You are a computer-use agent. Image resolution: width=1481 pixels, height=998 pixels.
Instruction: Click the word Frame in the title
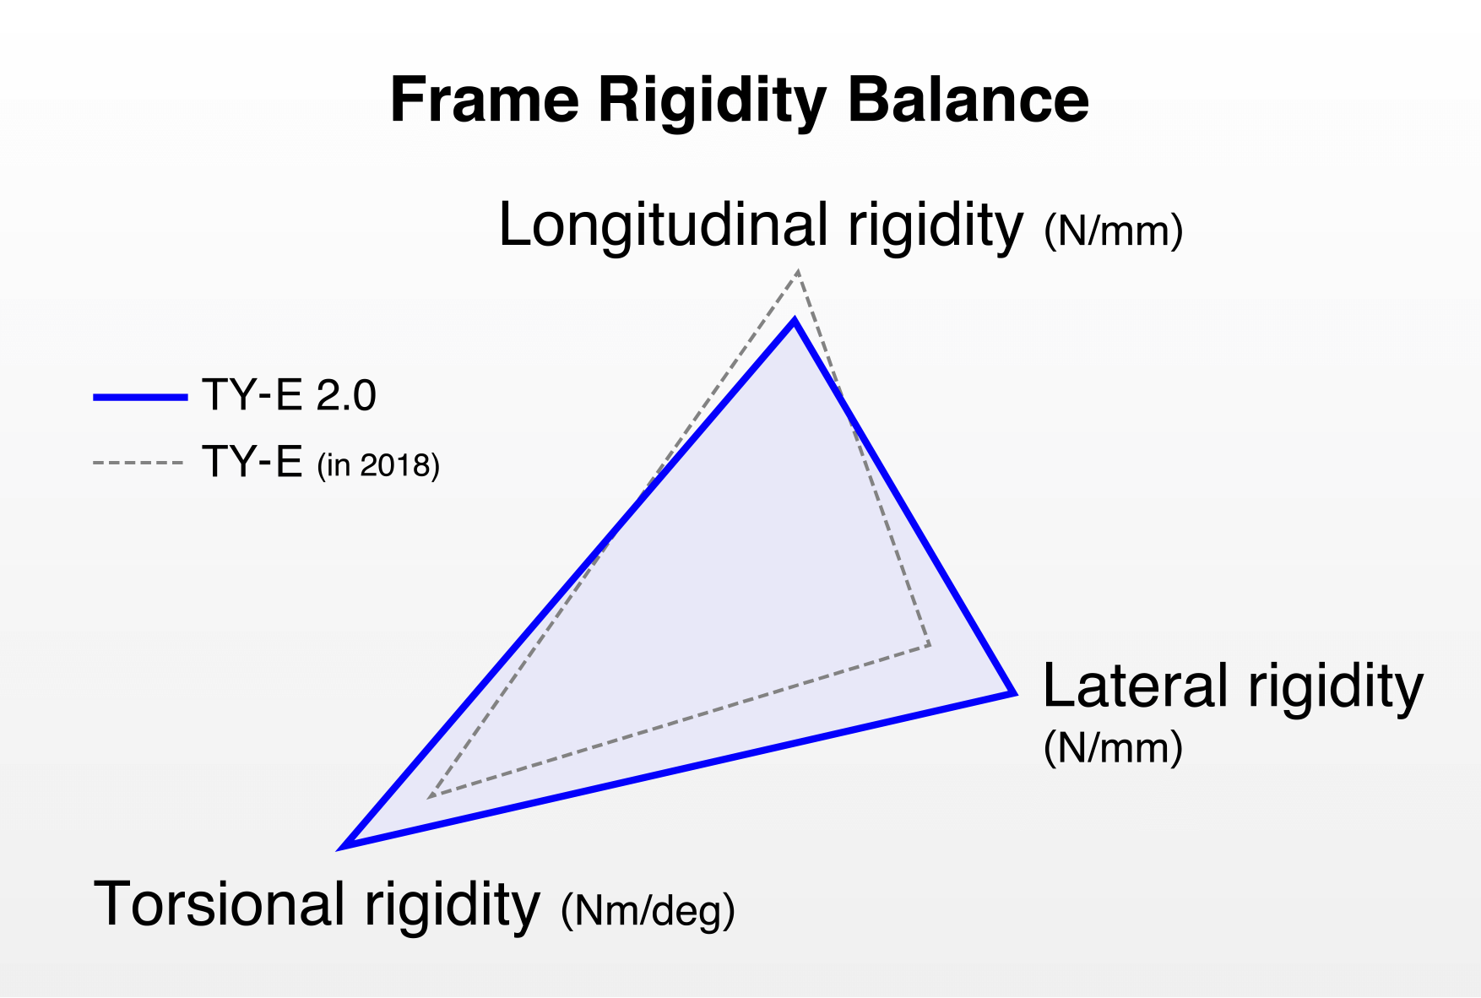(x=485, y=100)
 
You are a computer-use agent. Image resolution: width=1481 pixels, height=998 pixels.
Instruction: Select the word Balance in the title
(x=968, y=100)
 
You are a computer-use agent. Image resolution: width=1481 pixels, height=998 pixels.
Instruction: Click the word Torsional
(x=220, y=903)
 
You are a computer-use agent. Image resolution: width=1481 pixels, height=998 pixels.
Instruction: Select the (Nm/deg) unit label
(x=648, y=910)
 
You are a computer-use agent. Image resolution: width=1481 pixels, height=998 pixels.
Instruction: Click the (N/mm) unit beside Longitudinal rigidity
(x=1113, y=231)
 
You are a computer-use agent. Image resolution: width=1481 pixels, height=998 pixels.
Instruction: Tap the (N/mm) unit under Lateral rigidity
(x=1113, y=747)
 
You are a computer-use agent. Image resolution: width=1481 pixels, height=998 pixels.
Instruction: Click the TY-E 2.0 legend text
(x=289, y=395)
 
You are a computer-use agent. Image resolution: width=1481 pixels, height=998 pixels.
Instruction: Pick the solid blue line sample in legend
(x=140, y=396)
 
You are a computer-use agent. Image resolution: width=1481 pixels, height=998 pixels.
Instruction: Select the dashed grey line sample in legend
(x=138, y=463)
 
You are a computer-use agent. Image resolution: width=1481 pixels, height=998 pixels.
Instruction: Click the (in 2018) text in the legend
(x=378, y=465)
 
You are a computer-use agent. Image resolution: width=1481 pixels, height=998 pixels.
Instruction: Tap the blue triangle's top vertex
(x=794, y=321)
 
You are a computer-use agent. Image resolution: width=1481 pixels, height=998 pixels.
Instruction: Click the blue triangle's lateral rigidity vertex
(x=1012, y=692)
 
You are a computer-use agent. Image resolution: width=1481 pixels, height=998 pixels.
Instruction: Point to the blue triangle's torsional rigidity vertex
(x=345, y=844)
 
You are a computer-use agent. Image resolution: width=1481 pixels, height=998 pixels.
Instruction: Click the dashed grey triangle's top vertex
(x=798, y=272)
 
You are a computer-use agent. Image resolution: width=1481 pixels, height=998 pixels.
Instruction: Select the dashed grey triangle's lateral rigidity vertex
(x=930, y=645)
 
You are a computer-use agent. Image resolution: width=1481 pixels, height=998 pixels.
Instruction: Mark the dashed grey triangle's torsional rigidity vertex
(x=430, y=796)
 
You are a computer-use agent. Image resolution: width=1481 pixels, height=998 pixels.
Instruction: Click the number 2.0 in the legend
(x=346, y=395)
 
